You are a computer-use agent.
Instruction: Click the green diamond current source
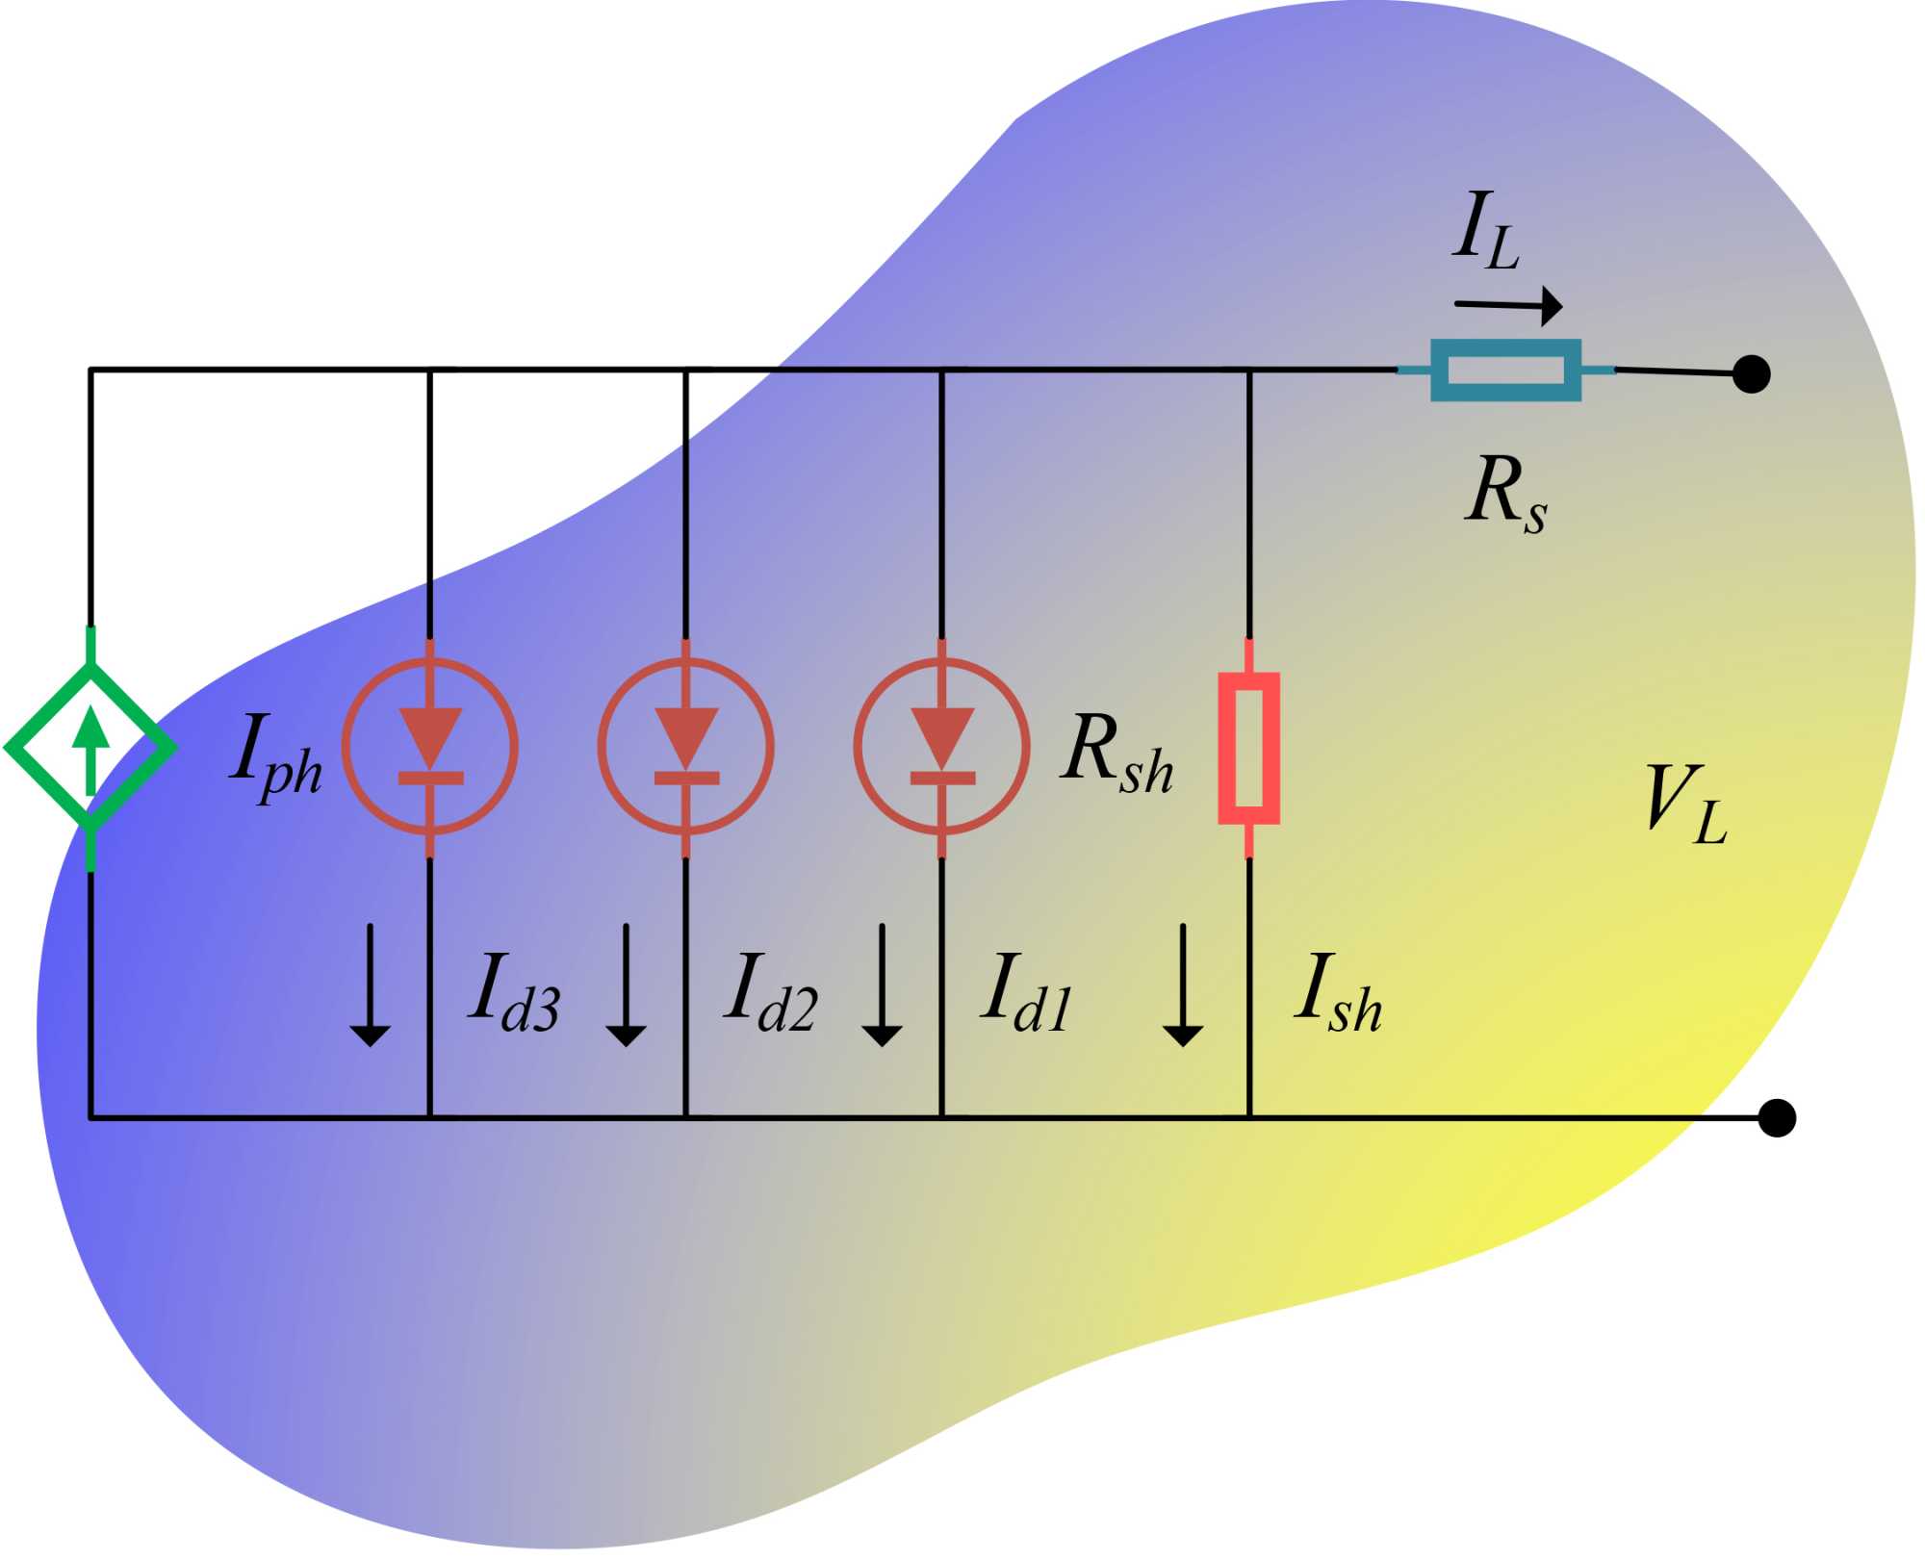coord(90,748)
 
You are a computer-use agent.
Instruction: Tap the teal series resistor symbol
coord(1505,370)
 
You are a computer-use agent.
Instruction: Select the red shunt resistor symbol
coord(1248,748)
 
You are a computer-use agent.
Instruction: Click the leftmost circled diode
coord(430,747)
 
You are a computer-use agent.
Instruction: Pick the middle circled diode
coord(685,747)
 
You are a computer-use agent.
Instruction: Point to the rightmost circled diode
coord(941,747)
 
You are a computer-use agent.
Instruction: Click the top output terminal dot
coord(1751,373)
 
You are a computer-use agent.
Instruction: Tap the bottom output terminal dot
coord(1777,1118)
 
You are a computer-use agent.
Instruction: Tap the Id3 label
coord(516,991)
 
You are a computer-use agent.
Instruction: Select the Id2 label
coord(771,991)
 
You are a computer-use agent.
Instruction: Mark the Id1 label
coord(1027,991)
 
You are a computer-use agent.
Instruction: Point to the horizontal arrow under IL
coord(1508,306)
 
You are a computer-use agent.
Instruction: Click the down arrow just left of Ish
coord(1182,985)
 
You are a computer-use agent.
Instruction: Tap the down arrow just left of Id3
coord(370,985)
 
